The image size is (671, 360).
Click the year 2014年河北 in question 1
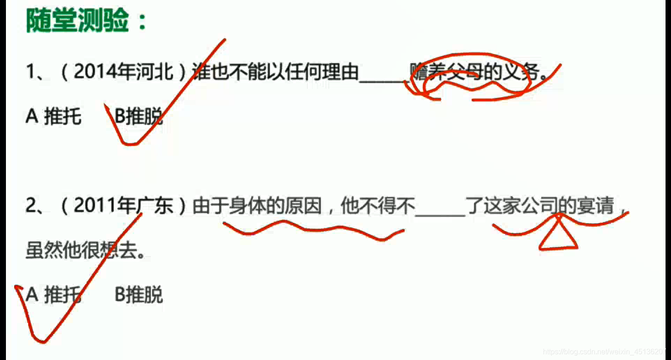(x=123, y=72)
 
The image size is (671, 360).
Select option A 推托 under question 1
(x=54, y=117)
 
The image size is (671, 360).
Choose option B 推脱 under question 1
(x=139, y=117)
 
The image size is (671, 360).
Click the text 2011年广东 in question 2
(x=123, y=206)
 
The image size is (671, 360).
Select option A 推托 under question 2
(x=54, y=295)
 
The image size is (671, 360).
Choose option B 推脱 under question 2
(x=139, y=295)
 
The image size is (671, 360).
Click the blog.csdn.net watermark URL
(x=606, y=352)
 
